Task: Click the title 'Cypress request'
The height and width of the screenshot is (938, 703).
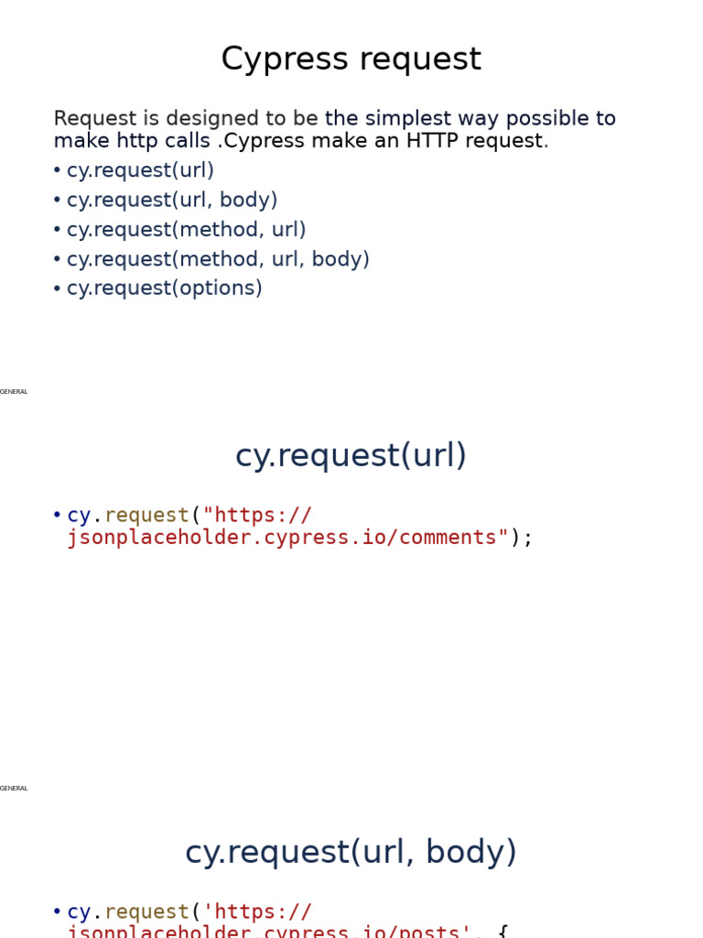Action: click(x=351, y=60)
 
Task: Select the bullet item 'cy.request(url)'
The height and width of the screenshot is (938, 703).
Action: click(x=140, y=170)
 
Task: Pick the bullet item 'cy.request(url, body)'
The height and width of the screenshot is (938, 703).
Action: click(x=172, y=200)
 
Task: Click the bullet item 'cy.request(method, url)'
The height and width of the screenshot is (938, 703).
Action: click(x=186, y=230)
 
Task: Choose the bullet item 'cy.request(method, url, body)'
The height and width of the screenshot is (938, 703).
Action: click(x=218, y=259)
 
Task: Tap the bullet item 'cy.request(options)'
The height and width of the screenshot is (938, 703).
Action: click(x=164, y=289)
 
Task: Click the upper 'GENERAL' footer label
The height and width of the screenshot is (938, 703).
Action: click(x=14, y=392)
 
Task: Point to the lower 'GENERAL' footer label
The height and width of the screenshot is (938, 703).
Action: click(x=14, y=789)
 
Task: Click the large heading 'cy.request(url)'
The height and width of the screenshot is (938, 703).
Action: click(x=351, y=455)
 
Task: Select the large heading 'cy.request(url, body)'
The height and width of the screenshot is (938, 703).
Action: click(x=351, y=852)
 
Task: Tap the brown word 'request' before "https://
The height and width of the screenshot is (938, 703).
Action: click(x=146, y=516)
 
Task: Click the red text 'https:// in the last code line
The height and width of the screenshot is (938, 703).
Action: click(x=257, y=912)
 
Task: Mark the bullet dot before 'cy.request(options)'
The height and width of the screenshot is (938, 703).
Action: click(x=57, y=289)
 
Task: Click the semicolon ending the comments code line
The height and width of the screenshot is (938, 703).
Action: click(x=527, y=538)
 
